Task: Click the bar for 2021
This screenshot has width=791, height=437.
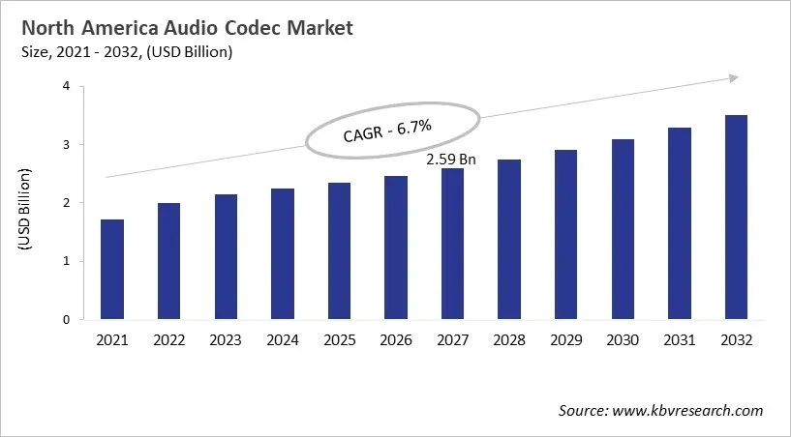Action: point(112,270)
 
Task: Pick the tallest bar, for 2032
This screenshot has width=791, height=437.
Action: point(736,218)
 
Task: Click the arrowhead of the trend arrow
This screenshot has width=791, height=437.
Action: point(734,77)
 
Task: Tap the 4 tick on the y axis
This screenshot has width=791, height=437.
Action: point(67,86)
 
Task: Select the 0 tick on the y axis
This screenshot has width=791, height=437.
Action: point(67,319)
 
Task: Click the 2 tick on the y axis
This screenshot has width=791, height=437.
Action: point(67,203)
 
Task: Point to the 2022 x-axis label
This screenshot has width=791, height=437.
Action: point(168,339)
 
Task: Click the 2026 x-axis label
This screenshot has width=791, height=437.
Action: point(396,339)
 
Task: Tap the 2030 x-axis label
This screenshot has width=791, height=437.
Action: point(623,339)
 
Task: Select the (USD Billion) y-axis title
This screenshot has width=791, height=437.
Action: point(24,210)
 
